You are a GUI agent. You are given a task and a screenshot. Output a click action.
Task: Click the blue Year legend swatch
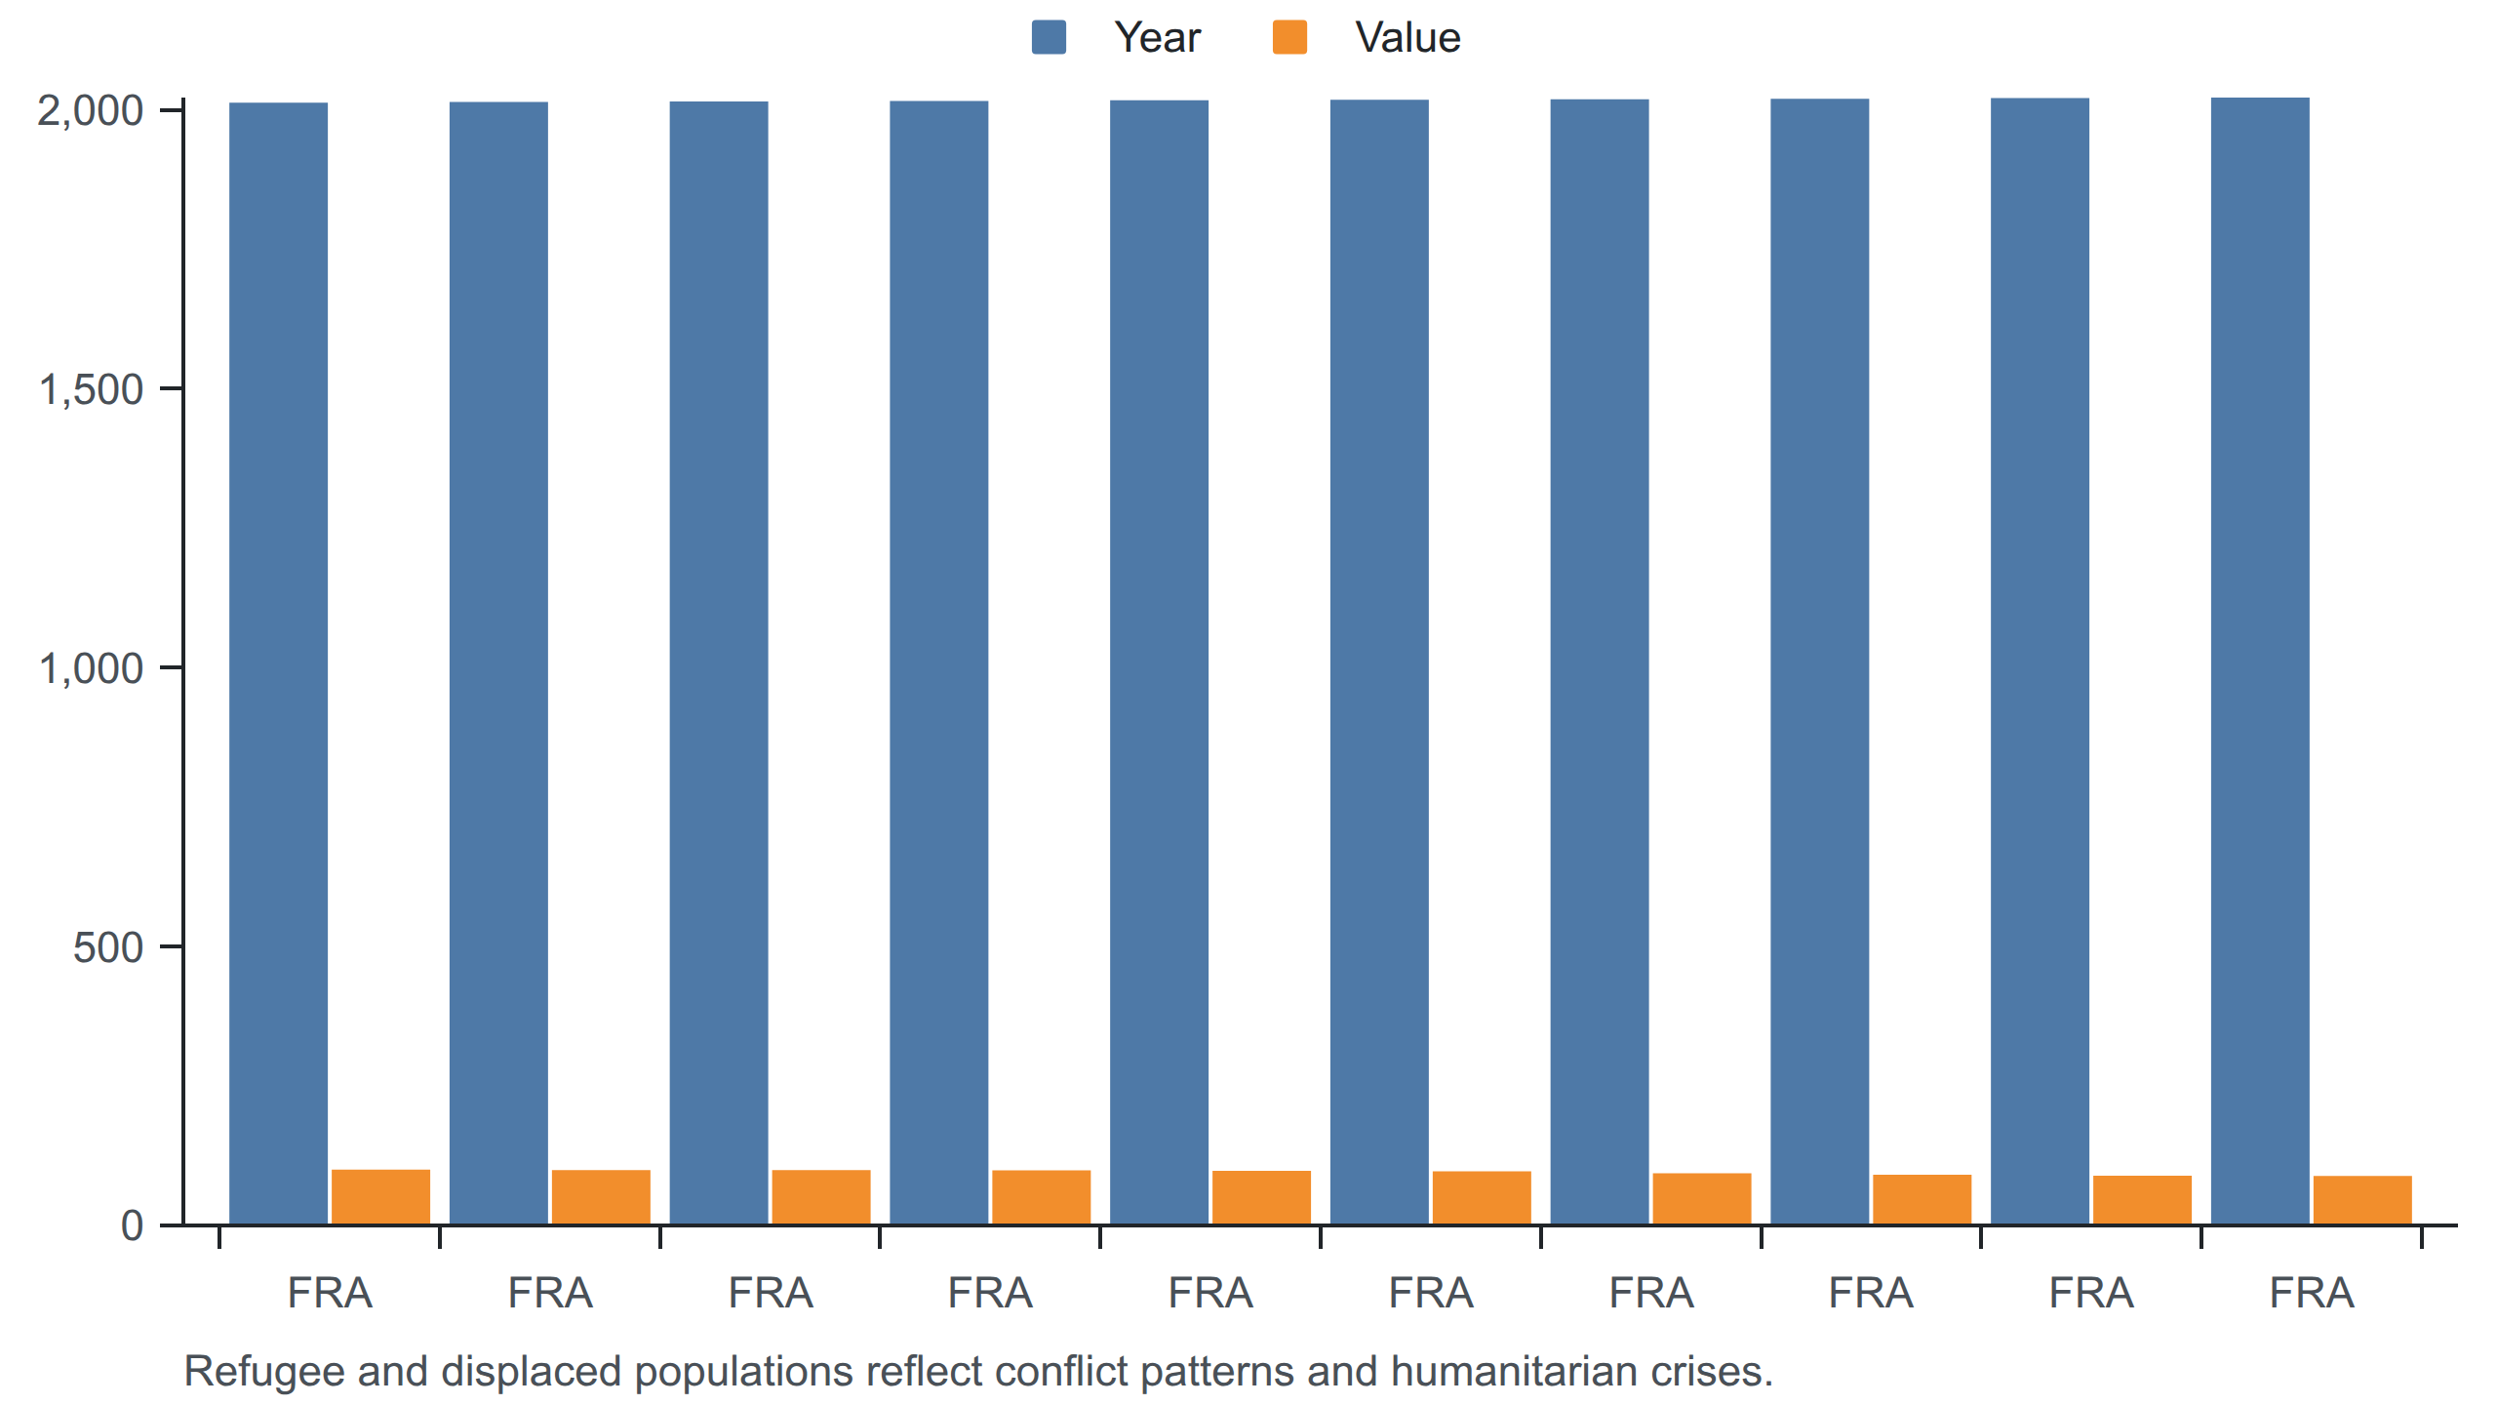point(1049,37)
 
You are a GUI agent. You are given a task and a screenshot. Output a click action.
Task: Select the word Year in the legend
point(1158,38)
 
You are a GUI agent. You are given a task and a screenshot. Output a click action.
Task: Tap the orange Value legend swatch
point(1289,37)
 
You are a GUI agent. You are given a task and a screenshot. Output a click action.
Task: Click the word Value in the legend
point(1407,38)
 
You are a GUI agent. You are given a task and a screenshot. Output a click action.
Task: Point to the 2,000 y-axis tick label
point(90,111)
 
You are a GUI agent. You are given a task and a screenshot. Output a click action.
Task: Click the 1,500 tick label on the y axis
point(90,389)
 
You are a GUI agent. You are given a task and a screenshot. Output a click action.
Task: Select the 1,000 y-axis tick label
point(90,668)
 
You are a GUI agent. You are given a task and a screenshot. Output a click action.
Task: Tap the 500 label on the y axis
point(108,947)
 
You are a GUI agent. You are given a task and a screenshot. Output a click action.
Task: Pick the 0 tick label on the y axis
point(132,1225)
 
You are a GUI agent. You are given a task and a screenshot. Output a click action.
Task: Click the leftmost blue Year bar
point(278,663)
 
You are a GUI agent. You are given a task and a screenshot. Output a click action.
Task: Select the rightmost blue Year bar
point(2260,661)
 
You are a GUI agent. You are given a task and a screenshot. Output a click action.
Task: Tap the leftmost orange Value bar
point(380,1197)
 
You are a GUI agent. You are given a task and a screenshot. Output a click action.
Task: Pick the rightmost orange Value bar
point(2362,1200)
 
